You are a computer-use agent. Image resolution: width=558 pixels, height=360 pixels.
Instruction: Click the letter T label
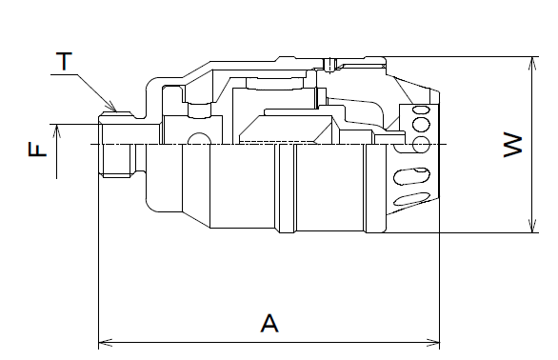pos(64,61)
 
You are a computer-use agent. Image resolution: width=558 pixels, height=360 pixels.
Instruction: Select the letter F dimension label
pos(37,149)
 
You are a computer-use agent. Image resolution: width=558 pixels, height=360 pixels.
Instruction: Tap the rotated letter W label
pos(513,145)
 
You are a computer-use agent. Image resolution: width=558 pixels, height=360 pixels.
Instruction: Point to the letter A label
pos(269,323)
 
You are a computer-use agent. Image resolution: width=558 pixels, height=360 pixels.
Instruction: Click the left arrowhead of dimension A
pos(106,343)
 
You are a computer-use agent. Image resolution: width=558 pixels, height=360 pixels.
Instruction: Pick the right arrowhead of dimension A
pos(432,343)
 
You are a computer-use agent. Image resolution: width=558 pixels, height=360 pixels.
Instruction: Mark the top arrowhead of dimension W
pos(532,64)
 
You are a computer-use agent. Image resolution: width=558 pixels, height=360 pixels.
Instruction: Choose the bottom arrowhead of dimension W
pos(532,226)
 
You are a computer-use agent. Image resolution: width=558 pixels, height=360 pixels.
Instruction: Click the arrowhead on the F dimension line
pos(57,131)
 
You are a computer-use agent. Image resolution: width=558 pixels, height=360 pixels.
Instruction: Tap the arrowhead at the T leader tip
pos(112,107)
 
